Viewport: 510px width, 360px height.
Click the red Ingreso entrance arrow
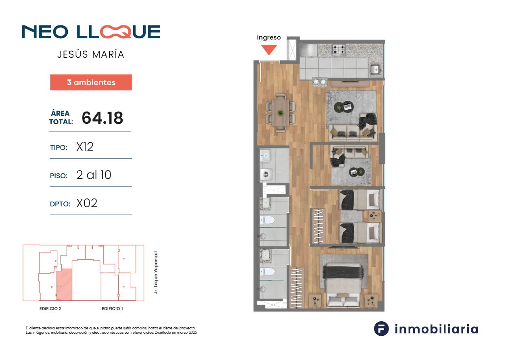[x=269, y=50]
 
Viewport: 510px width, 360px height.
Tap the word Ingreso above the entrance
[x=269, y=37]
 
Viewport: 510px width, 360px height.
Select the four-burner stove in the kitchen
[x=339, y=50]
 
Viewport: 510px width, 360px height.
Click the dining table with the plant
[x=280, y=112]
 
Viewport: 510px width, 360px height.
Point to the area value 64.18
[x=102, y=118]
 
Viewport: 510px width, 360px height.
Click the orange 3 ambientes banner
[x=91, y=82]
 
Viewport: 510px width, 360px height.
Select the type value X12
[x=85, y=147]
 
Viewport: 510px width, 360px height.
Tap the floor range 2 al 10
[x=94, y=175]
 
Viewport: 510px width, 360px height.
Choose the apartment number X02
[x=87, y=203]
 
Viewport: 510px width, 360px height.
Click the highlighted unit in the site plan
[x=64, y=285]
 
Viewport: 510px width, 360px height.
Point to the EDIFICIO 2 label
[x=50, y=309]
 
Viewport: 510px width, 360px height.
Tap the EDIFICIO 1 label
[x=112, y=309]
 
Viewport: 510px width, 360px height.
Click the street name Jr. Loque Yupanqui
[x=156, y=272]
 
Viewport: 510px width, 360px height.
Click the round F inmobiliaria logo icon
[x=381, y=329]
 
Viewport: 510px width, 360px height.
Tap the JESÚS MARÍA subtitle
[x=91, y=54]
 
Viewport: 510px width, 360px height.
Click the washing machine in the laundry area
[x=266, y=175]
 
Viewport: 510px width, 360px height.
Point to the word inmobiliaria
[x=437, y=329]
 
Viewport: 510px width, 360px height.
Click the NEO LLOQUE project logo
[x=91, y=31]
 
